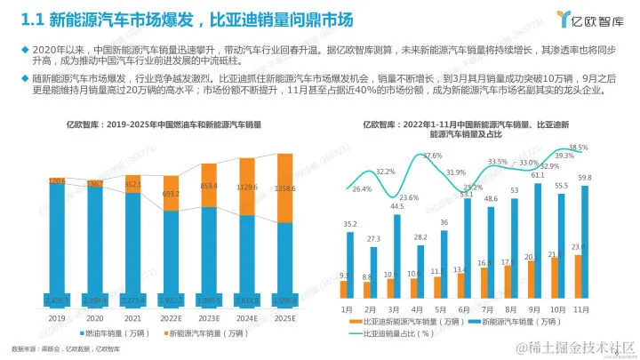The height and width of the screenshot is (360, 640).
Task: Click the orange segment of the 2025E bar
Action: coord(285,188)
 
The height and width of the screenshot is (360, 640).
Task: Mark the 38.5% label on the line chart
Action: coord(578,148)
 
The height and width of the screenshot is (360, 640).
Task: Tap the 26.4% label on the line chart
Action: coord(363,189)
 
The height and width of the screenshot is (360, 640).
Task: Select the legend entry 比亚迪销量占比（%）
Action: coord(397,334)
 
